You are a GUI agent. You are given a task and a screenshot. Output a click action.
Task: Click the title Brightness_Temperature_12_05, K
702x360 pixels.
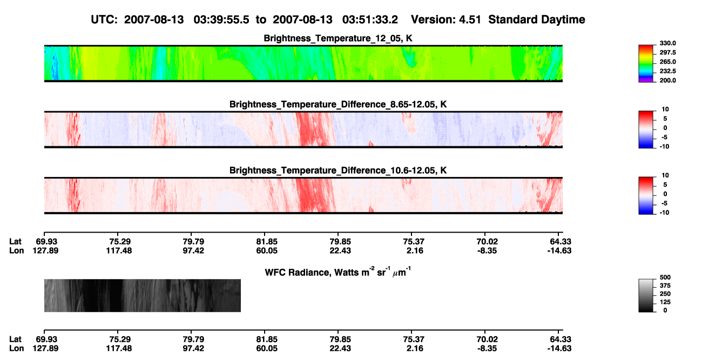point(338,38)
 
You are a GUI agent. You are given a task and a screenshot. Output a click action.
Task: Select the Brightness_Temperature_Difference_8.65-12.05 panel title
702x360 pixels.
point(338,104)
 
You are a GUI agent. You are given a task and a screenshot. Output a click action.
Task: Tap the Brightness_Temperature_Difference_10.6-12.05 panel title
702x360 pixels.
point(338,171)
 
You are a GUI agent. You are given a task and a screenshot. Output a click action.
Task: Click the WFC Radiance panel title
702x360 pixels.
point(338,272)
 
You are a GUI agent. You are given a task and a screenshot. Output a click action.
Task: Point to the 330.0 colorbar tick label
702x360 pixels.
point(667,43)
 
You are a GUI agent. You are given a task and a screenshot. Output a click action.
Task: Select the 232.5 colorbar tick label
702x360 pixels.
point(667,71)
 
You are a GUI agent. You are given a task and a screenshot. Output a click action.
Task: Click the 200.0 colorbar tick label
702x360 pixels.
point(667,80)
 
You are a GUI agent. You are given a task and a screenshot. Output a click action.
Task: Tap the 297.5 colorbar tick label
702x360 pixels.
point(667,53)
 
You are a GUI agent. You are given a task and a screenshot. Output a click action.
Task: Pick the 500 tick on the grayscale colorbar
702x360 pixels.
point(665,277)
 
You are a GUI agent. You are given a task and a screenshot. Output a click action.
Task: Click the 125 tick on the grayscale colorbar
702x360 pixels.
point(665,302)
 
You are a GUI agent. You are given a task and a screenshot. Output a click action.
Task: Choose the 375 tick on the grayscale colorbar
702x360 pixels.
point(665,286)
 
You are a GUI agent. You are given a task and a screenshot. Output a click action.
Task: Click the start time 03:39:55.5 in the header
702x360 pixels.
point(221,20)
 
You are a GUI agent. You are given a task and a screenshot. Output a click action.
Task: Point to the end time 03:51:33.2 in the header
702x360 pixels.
point(370,20)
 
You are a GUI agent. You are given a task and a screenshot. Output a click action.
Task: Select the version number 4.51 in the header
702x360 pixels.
point(469,20)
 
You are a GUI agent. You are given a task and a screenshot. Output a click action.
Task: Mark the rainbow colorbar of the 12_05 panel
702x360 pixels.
point(646,64)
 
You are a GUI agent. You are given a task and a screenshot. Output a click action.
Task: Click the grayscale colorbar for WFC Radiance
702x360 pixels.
point(646,295)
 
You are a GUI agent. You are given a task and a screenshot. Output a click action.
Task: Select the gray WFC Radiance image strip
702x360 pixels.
point(142,295)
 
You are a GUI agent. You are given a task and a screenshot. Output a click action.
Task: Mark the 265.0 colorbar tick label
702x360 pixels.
point(667,62)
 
